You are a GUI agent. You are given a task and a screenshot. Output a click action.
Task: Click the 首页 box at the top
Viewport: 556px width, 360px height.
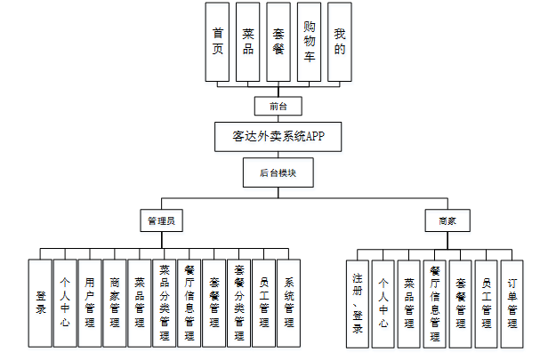click(x=217, y=42)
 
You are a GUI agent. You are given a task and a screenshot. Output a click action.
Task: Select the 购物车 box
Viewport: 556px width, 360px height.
click(x=309, y=42)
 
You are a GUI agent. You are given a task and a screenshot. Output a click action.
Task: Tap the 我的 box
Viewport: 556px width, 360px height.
click(x=339, y=42)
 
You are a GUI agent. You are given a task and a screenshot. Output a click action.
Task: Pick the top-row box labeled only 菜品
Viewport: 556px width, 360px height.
click(x=248, y=42)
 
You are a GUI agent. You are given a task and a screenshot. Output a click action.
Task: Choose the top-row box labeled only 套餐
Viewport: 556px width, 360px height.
click(x=278, y=42)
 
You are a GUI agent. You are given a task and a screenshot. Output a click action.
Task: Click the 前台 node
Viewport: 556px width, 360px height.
click(x=278, y=106)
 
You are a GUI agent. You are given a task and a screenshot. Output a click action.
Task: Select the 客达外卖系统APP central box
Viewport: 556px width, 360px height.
click(x=278, y=138)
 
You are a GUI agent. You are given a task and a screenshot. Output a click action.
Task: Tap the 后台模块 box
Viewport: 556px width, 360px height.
click(x=278, y=172)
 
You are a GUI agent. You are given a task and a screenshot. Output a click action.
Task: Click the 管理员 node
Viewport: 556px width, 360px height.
click(x=161, y=220)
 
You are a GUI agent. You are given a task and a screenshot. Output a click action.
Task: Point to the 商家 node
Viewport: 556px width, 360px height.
click(x=447, y=220)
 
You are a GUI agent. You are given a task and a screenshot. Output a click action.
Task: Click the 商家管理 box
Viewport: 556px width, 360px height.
click(x=115, y=302)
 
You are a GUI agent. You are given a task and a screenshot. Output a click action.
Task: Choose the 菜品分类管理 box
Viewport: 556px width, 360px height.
click(x=165, y=302)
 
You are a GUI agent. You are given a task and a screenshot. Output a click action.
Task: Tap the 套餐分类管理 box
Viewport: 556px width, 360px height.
click(x=239, y=302)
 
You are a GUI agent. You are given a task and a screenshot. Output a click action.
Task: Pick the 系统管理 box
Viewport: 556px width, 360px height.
click(x=289, y=302)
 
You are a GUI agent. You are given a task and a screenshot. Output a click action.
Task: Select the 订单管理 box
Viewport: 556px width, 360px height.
click(x=512, y=302)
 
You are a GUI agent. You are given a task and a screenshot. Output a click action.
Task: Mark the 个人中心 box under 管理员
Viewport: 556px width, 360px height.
click(x=65, y=302)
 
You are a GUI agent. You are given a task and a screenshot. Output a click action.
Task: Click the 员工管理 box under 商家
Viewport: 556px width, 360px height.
click(x=486, y=302)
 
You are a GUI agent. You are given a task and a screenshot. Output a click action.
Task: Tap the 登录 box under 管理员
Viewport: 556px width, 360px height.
click(x=40, y=302)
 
